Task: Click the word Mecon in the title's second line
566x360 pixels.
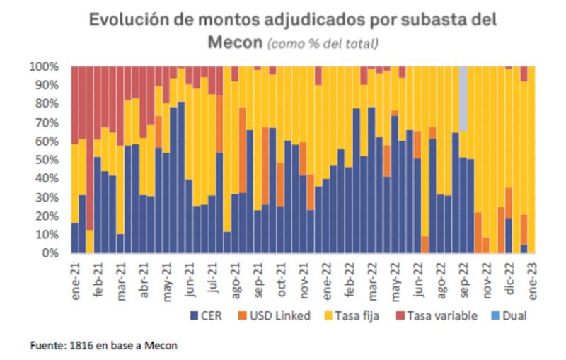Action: pyautogui.click(x=235, y=42)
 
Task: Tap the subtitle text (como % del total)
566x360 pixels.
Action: pyautogui.click(x=322, y=43)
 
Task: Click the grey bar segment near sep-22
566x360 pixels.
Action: pyautogui.click(x=463, y=98)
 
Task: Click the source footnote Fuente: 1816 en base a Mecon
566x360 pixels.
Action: pyautogui.click(x=103, y=346)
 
